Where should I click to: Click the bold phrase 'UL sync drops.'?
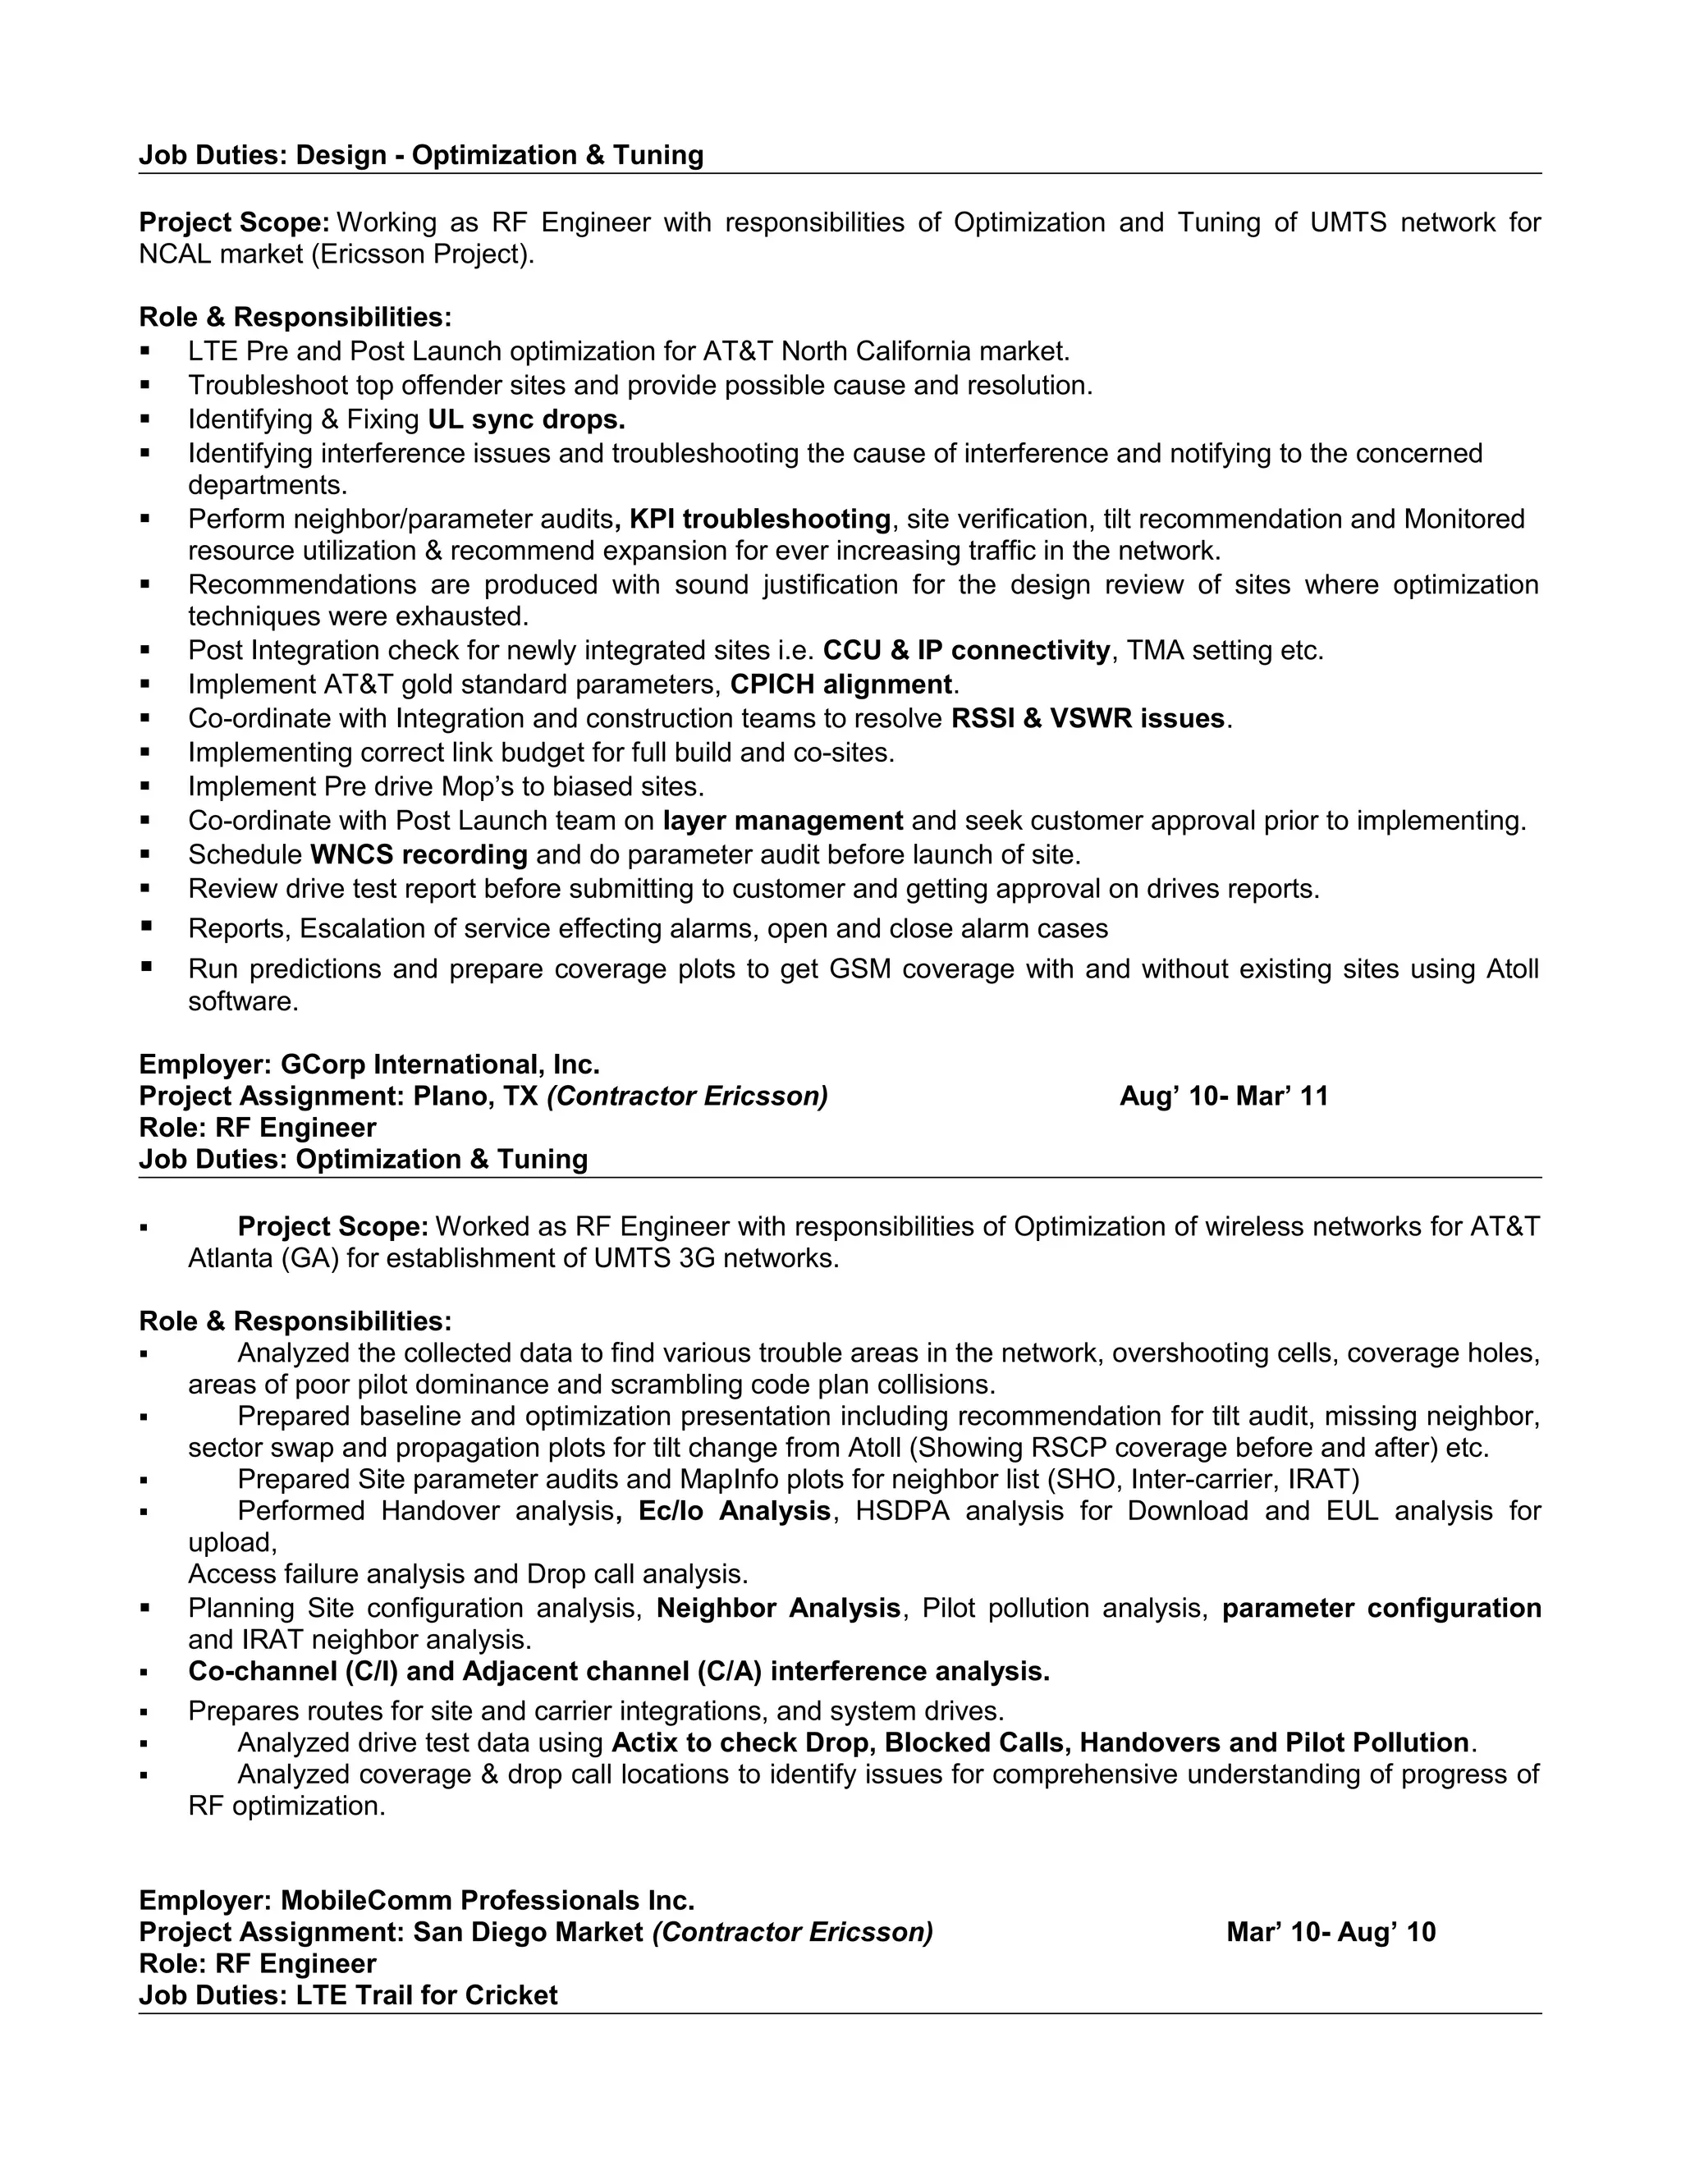coord(526,419)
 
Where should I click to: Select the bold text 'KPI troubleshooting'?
coord(760,519)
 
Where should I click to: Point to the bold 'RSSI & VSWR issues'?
coord(1088,718)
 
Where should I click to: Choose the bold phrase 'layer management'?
coord(783,821)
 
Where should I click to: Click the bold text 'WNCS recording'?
coord(419,854)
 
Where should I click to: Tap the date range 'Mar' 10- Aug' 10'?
coord(1331,1932)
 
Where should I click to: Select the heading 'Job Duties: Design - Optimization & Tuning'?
coord(420,154)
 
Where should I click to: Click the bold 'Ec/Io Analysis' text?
coord(734,1511)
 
